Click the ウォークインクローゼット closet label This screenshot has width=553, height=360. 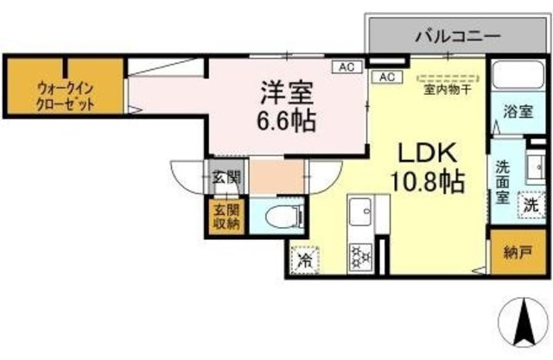[66, 93]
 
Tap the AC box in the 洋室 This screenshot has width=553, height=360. [346, 66]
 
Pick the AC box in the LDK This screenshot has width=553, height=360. [385, 77]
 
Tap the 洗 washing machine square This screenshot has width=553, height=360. [531, 205]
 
